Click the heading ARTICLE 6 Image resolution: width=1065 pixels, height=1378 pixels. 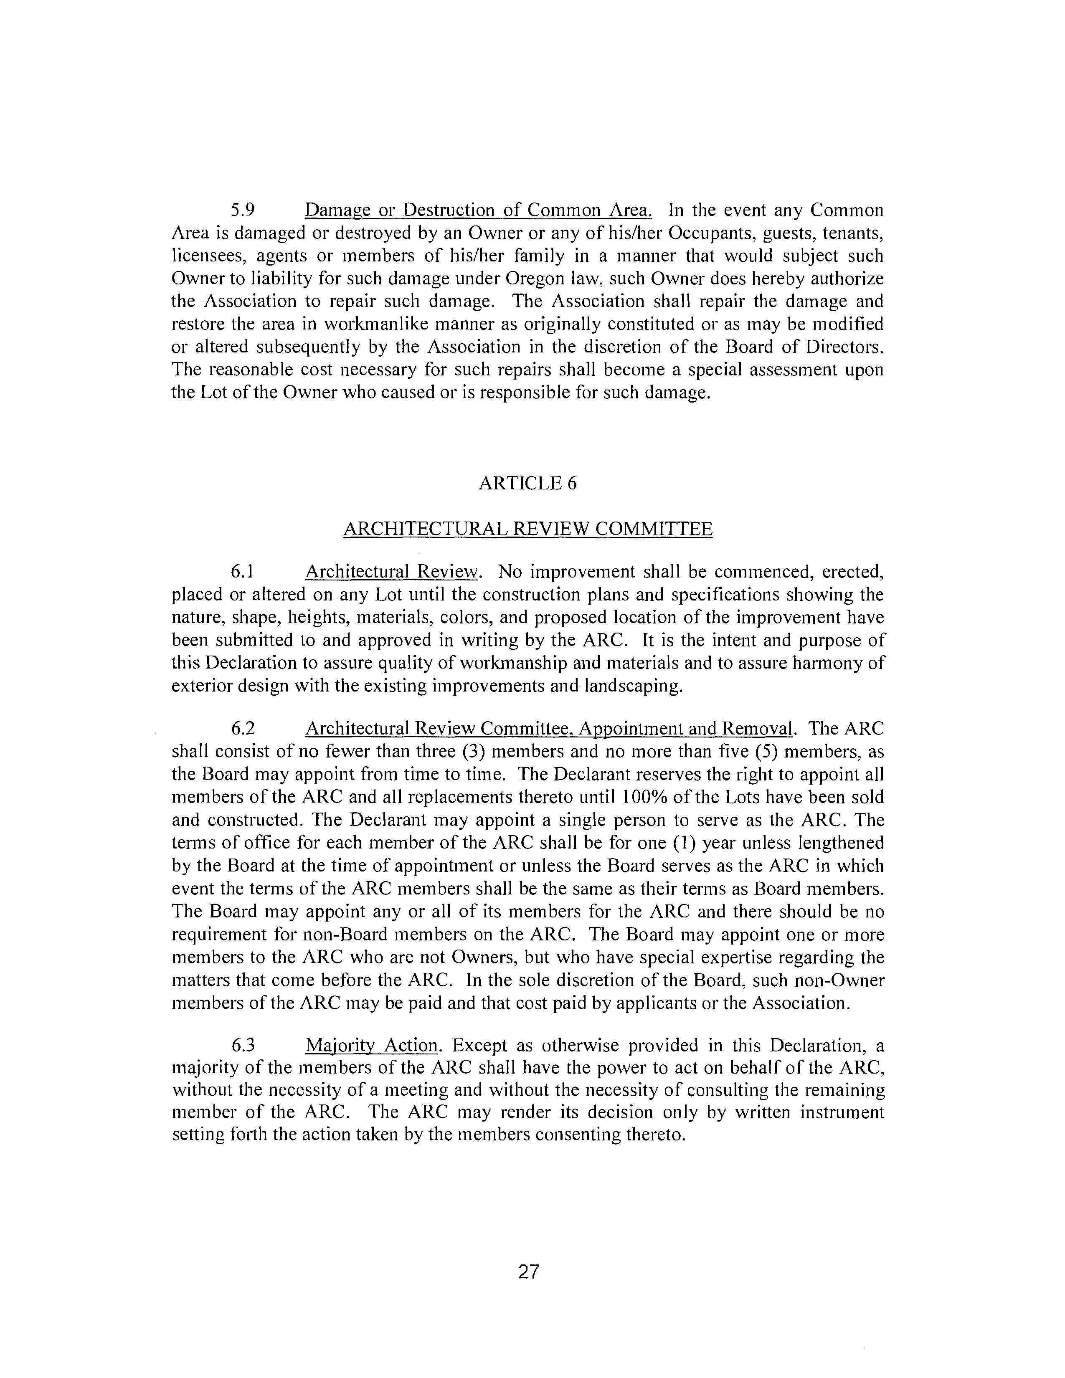click(x=527, y=483)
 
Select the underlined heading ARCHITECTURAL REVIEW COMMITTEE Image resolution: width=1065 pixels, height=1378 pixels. click(x=527, y=529)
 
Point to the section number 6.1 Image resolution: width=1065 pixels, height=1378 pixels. click(x=242, y=572)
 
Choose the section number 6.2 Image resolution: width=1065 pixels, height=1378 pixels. click(x=243, y=729)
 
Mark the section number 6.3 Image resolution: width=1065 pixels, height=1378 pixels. click(x=243, y=1046)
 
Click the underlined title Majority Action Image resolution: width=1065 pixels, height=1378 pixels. click(x=371, y=1046)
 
